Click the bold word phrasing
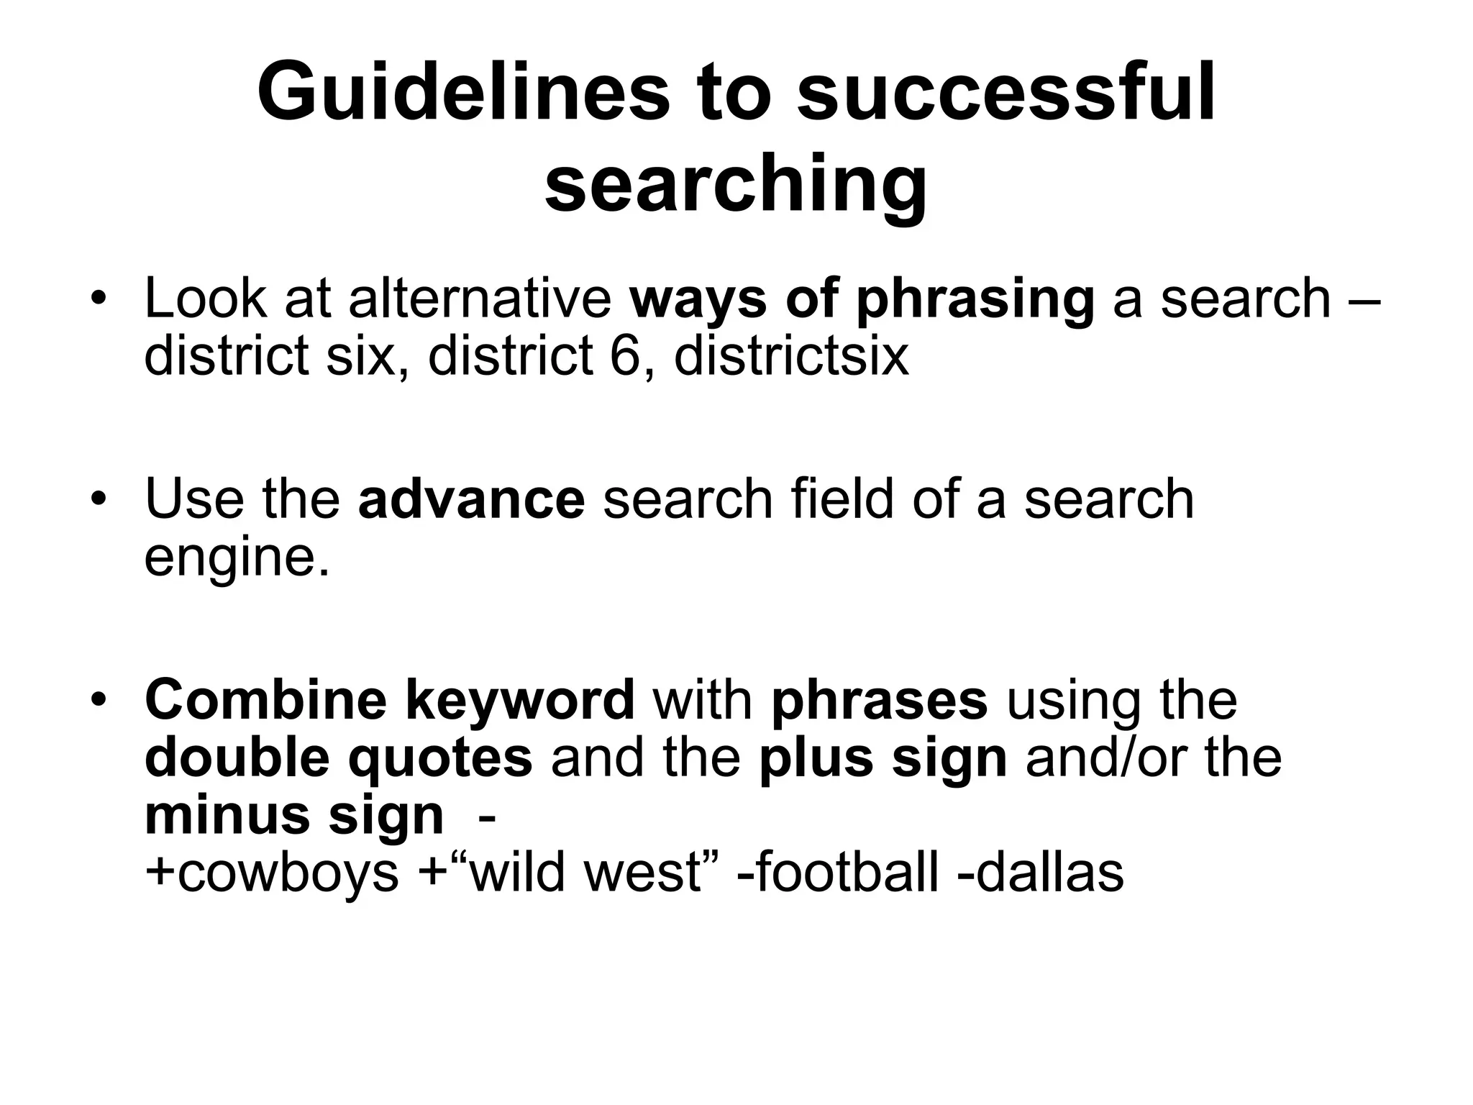click(x=975, y=299)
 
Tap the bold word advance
click(x=472, y=499)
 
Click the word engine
click(x=237, y=558)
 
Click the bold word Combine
click(x=265, y=699)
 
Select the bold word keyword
click(x=520, y=701)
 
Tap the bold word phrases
click(x=880, y=701)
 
